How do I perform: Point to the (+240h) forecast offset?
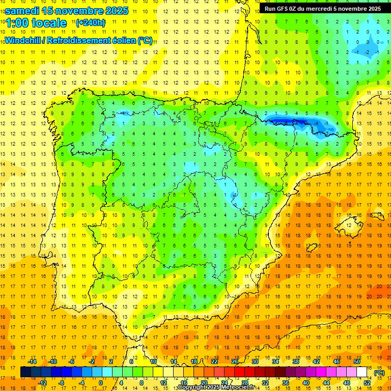[90, 22]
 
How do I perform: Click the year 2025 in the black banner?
[371, 8]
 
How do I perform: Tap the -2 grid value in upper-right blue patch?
[367, 52]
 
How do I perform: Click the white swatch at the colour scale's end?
[361, 372]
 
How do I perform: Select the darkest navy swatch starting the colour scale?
[25, 372]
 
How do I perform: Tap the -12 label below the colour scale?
[42, 383]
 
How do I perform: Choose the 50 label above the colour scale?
[356, 361]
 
